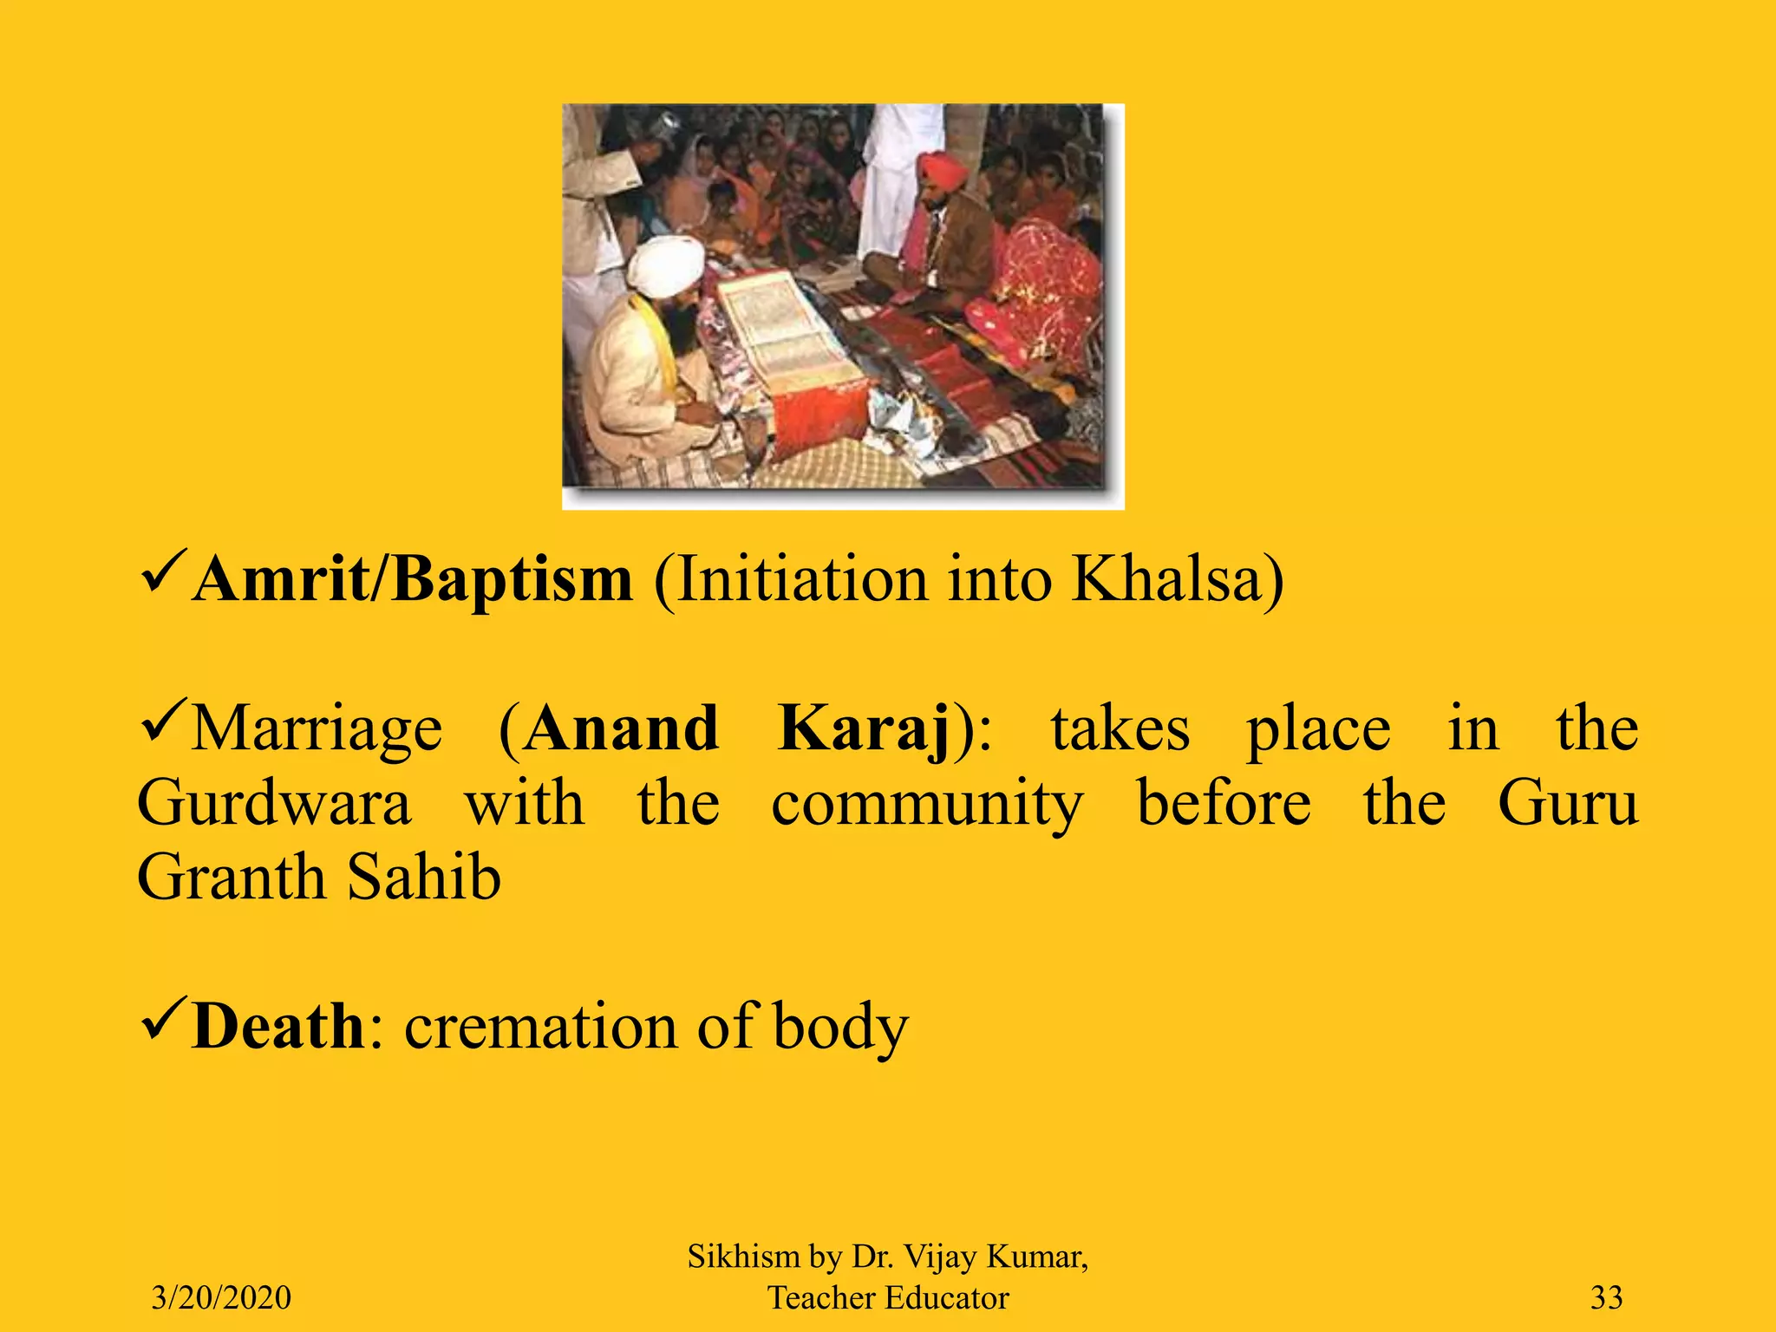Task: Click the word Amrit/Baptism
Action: point(413,579)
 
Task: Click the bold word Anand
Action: point(621,728)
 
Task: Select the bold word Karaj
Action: point(864,728)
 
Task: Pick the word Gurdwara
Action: point(274,803)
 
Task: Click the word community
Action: point(927,803)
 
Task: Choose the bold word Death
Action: point(278,1027)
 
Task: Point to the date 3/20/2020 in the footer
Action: point(221,1297)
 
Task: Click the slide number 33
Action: point(1606,1297)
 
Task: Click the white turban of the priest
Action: point(666,264)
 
